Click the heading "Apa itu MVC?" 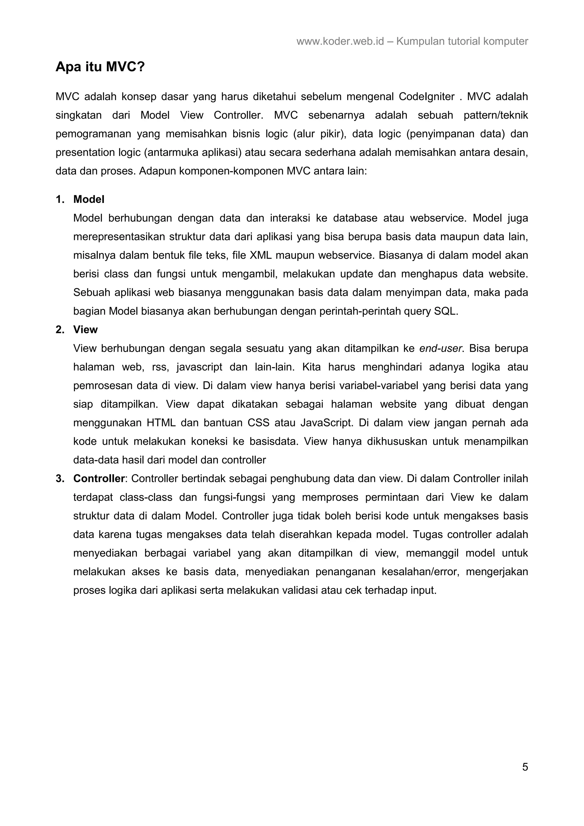point(100,67)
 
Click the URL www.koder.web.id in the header point(340,41)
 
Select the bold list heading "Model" point(89,199)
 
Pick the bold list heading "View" point(85,329)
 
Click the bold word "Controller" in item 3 point(99,479)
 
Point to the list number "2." point(60,329)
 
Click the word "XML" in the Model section point(260,255)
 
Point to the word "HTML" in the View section point(161,422)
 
